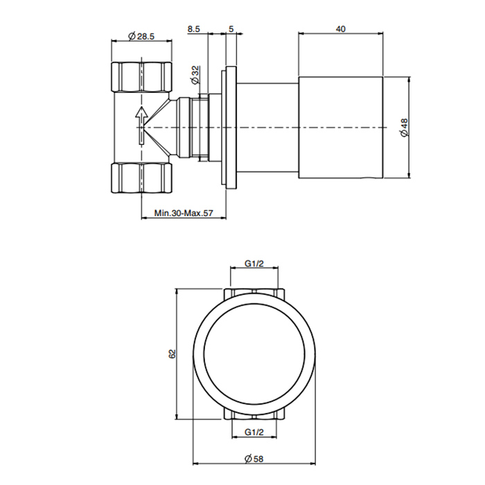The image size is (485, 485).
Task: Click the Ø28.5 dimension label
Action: [141, 36]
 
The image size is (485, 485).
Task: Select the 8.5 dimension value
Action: [195, 29]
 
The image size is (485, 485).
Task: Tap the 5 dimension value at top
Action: [231, 29]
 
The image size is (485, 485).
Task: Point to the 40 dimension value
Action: [340, 29]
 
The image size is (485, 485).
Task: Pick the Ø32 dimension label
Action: [195, 72]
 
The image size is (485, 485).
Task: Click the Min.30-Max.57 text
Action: [184, 214]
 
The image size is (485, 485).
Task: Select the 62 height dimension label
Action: [173, 353]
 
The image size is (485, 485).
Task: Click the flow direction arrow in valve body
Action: [141, 123]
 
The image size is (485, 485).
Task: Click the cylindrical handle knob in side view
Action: [340, 127]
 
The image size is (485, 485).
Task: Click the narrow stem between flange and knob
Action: [268, 127]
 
